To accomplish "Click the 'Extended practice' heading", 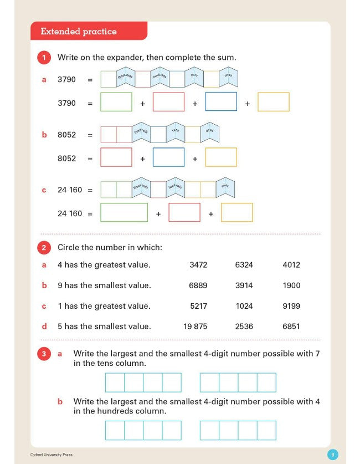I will (x=79, y=32).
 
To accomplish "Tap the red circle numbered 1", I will (x=44, y=57).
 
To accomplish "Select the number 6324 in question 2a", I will (x=244, y=265).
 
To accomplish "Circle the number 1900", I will (x=291, y=285).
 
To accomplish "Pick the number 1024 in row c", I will (x=244, y=306).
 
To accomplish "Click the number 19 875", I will (x=196, y=327).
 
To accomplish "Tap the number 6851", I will (x=291, y=327).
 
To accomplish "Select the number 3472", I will (x=198, y=265).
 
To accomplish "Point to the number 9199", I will (x=291, y=306).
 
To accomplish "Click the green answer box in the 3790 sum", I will (x=116, y=102).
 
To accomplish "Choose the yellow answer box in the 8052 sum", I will (x=221, y=157).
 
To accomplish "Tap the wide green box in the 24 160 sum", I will (x=124, y=213).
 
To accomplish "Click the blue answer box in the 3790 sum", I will (x=221, y=102).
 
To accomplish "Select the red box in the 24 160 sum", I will (x=184, y=213).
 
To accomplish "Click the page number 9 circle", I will (x=332, y=455).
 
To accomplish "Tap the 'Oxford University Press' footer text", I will (x=51, y=455).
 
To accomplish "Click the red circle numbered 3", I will (x=44, y=354).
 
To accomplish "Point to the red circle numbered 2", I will (x=44, y=248).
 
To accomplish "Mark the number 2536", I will (x=244, y=327).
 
